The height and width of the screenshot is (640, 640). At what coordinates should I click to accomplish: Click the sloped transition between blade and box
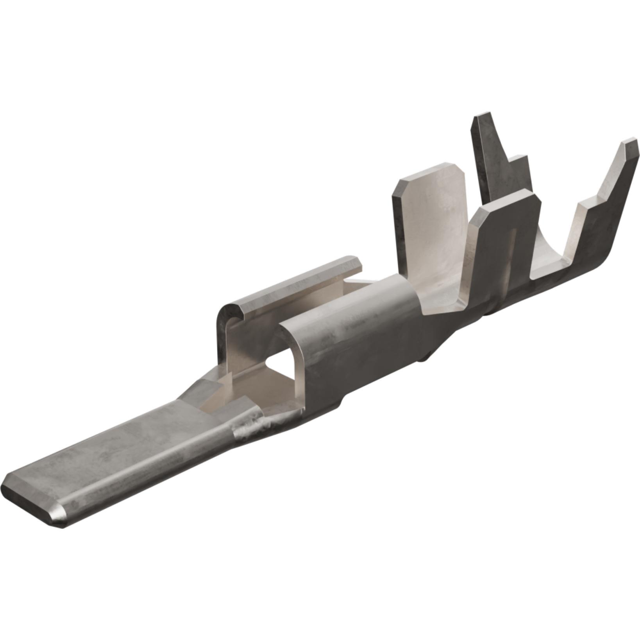pos(203,387)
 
